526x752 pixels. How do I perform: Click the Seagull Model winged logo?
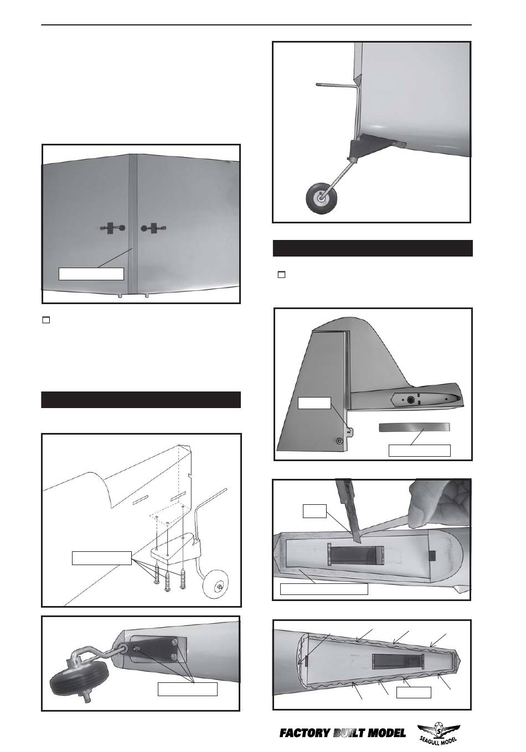coord(439,733)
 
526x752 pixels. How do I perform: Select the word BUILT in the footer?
coord(349,733)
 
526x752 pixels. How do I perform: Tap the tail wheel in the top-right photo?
coord(319,198)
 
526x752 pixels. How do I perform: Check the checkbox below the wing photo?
coord(46,320)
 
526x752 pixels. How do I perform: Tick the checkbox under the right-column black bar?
coord(281,275)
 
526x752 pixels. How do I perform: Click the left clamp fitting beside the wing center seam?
coord(112,228)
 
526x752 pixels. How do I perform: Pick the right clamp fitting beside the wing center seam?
coord(153,228)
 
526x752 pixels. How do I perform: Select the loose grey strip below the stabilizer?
coord(414,427)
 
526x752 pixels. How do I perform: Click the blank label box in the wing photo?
coord(91,274)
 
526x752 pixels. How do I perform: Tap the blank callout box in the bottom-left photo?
coord(188,689)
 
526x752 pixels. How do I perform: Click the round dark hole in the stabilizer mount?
coord(410,400)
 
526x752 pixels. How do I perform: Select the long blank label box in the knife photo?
coord(324,589)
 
